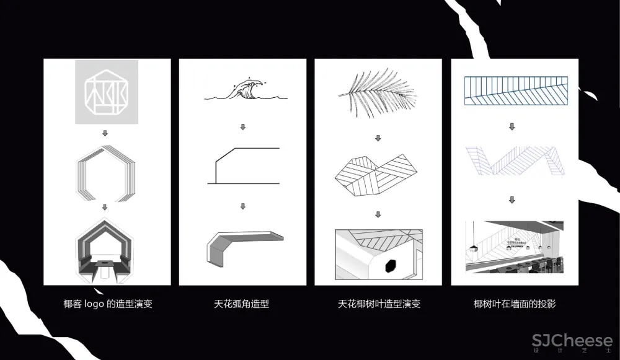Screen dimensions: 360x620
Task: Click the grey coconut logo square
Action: coord(107,92)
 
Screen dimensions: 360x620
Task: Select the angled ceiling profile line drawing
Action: coord(243,165)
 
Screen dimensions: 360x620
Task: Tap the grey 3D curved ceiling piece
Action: coord(243,245)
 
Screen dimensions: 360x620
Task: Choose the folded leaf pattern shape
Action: coord(377,173)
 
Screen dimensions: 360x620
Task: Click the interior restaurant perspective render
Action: coord(514,247)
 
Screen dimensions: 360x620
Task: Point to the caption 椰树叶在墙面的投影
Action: coord(515,304)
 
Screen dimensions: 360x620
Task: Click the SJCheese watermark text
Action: coord(572,341)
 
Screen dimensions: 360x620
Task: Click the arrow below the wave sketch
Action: coord(243,127)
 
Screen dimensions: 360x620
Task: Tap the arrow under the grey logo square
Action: coord(105,133)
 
